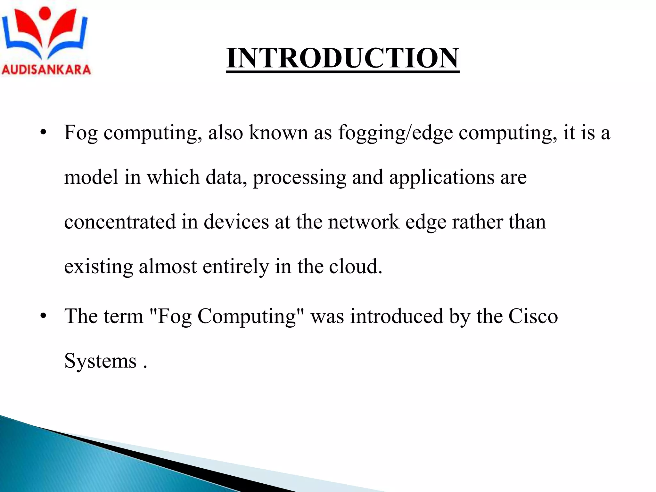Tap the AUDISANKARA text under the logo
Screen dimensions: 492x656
click(x=46, y=70)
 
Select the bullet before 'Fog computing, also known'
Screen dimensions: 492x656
click(x=44, y=132)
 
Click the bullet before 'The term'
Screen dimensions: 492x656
click(x=44, y=316)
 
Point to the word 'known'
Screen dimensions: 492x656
click(x=278, y=132)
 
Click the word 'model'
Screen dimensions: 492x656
click(x=91, y=177)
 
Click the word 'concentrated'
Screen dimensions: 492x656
click(x=120, y=222)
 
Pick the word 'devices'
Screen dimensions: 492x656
click(x=236, y=222)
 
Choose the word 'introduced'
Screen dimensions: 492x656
click(x=397, y=316)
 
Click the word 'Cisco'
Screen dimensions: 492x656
click(x=533, y=316)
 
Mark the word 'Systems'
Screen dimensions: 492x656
click(x=100, y=361)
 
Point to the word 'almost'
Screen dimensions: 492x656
click(x=168, y=266)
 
